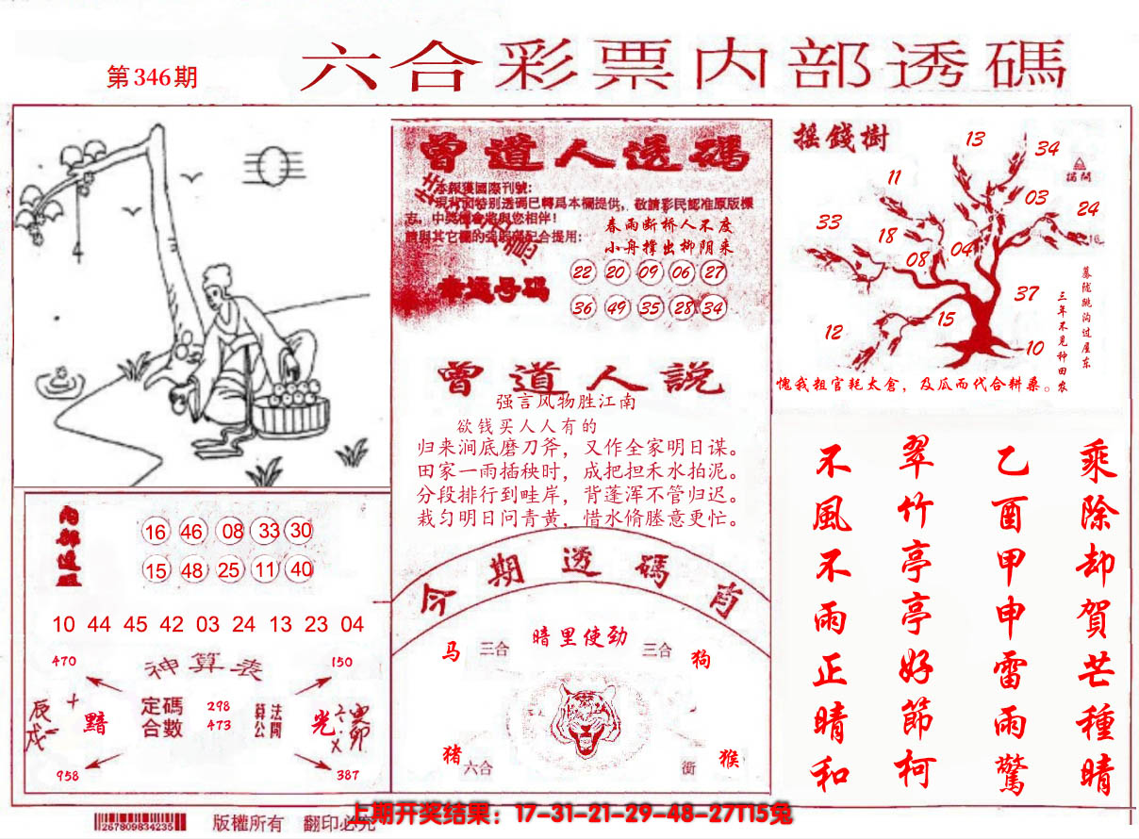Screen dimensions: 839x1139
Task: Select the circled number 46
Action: (192, 532)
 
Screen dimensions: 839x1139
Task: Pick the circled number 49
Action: (618, 308)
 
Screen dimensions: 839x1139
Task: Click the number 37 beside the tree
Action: (1027, 294)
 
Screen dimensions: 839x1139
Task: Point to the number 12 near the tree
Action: (833, 332)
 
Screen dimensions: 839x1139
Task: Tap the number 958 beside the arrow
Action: (66, 775)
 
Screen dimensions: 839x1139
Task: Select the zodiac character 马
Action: (451, 650)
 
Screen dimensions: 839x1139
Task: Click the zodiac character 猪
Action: (452, 754)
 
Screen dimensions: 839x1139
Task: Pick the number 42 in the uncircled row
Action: (172, 624)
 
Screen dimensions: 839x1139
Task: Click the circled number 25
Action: (229, 570)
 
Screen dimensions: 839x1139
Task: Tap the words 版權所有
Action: (248, 822)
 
